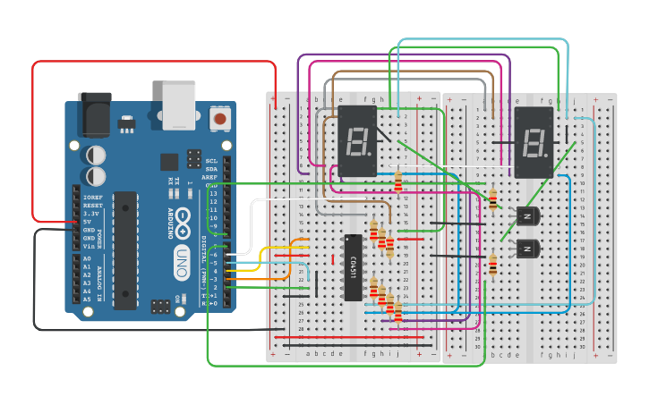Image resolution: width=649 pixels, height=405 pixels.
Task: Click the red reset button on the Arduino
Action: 218,117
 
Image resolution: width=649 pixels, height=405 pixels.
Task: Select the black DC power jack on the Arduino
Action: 94,113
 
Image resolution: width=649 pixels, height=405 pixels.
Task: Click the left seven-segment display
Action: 357,141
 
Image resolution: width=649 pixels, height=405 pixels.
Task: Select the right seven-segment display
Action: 534,142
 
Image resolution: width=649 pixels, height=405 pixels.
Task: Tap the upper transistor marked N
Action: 527,215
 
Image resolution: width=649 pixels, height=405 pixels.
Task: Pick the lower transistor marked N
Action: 527,248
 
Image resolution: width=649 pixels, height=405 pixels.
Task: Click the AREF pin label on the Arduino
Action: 210,177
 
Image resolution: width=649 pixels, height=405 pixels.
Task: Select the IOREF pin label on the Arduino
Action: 92,197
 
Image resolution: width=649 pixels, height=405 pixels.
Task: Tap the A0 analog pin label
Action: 87,257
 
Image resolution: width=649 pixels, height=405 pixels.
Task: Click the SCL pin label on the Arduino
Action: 211,161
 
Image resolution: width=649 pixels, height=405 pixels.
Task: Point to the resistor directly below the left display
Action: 398,182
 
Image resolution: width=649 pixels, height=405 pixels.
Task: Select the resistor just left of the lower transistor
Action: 492,266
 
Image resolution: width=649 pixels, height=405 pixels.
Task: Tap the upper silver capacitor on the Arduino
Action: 95,155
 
